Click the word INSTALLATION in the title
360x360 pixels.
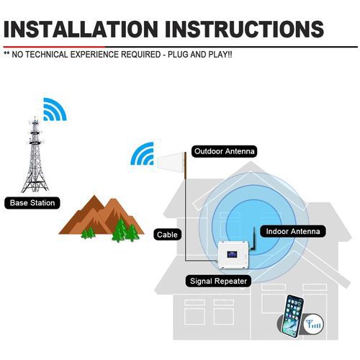[x=81, y=30]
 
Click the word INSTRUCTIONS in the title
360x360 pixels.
[x=244, y=30]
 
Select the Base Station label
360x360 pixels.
[x=32, y=203]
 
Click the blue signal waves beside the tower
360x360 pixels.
[x=55, y=109]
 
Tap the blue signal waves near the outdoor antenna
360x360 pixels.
[x=142, y=153]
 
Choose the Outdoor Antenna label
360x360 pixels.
[x=225, y=151]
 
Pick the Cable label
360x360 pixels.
[x=167, y=235]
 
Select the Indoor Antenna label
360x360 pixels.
[x=293, y=231]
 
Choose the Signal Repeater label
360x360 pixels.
[x=218, y=281]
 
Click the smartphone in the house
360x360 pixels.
[x=292, y=316]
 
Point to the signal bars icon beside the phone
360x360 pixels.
[x=313, y=324]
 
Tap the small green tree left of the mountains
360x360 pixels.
[x=88, y=233]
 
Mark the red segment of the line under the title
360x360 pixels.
[x=54, y=47]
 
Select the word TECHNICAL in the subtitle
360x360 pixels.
[x=47, y=55]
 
